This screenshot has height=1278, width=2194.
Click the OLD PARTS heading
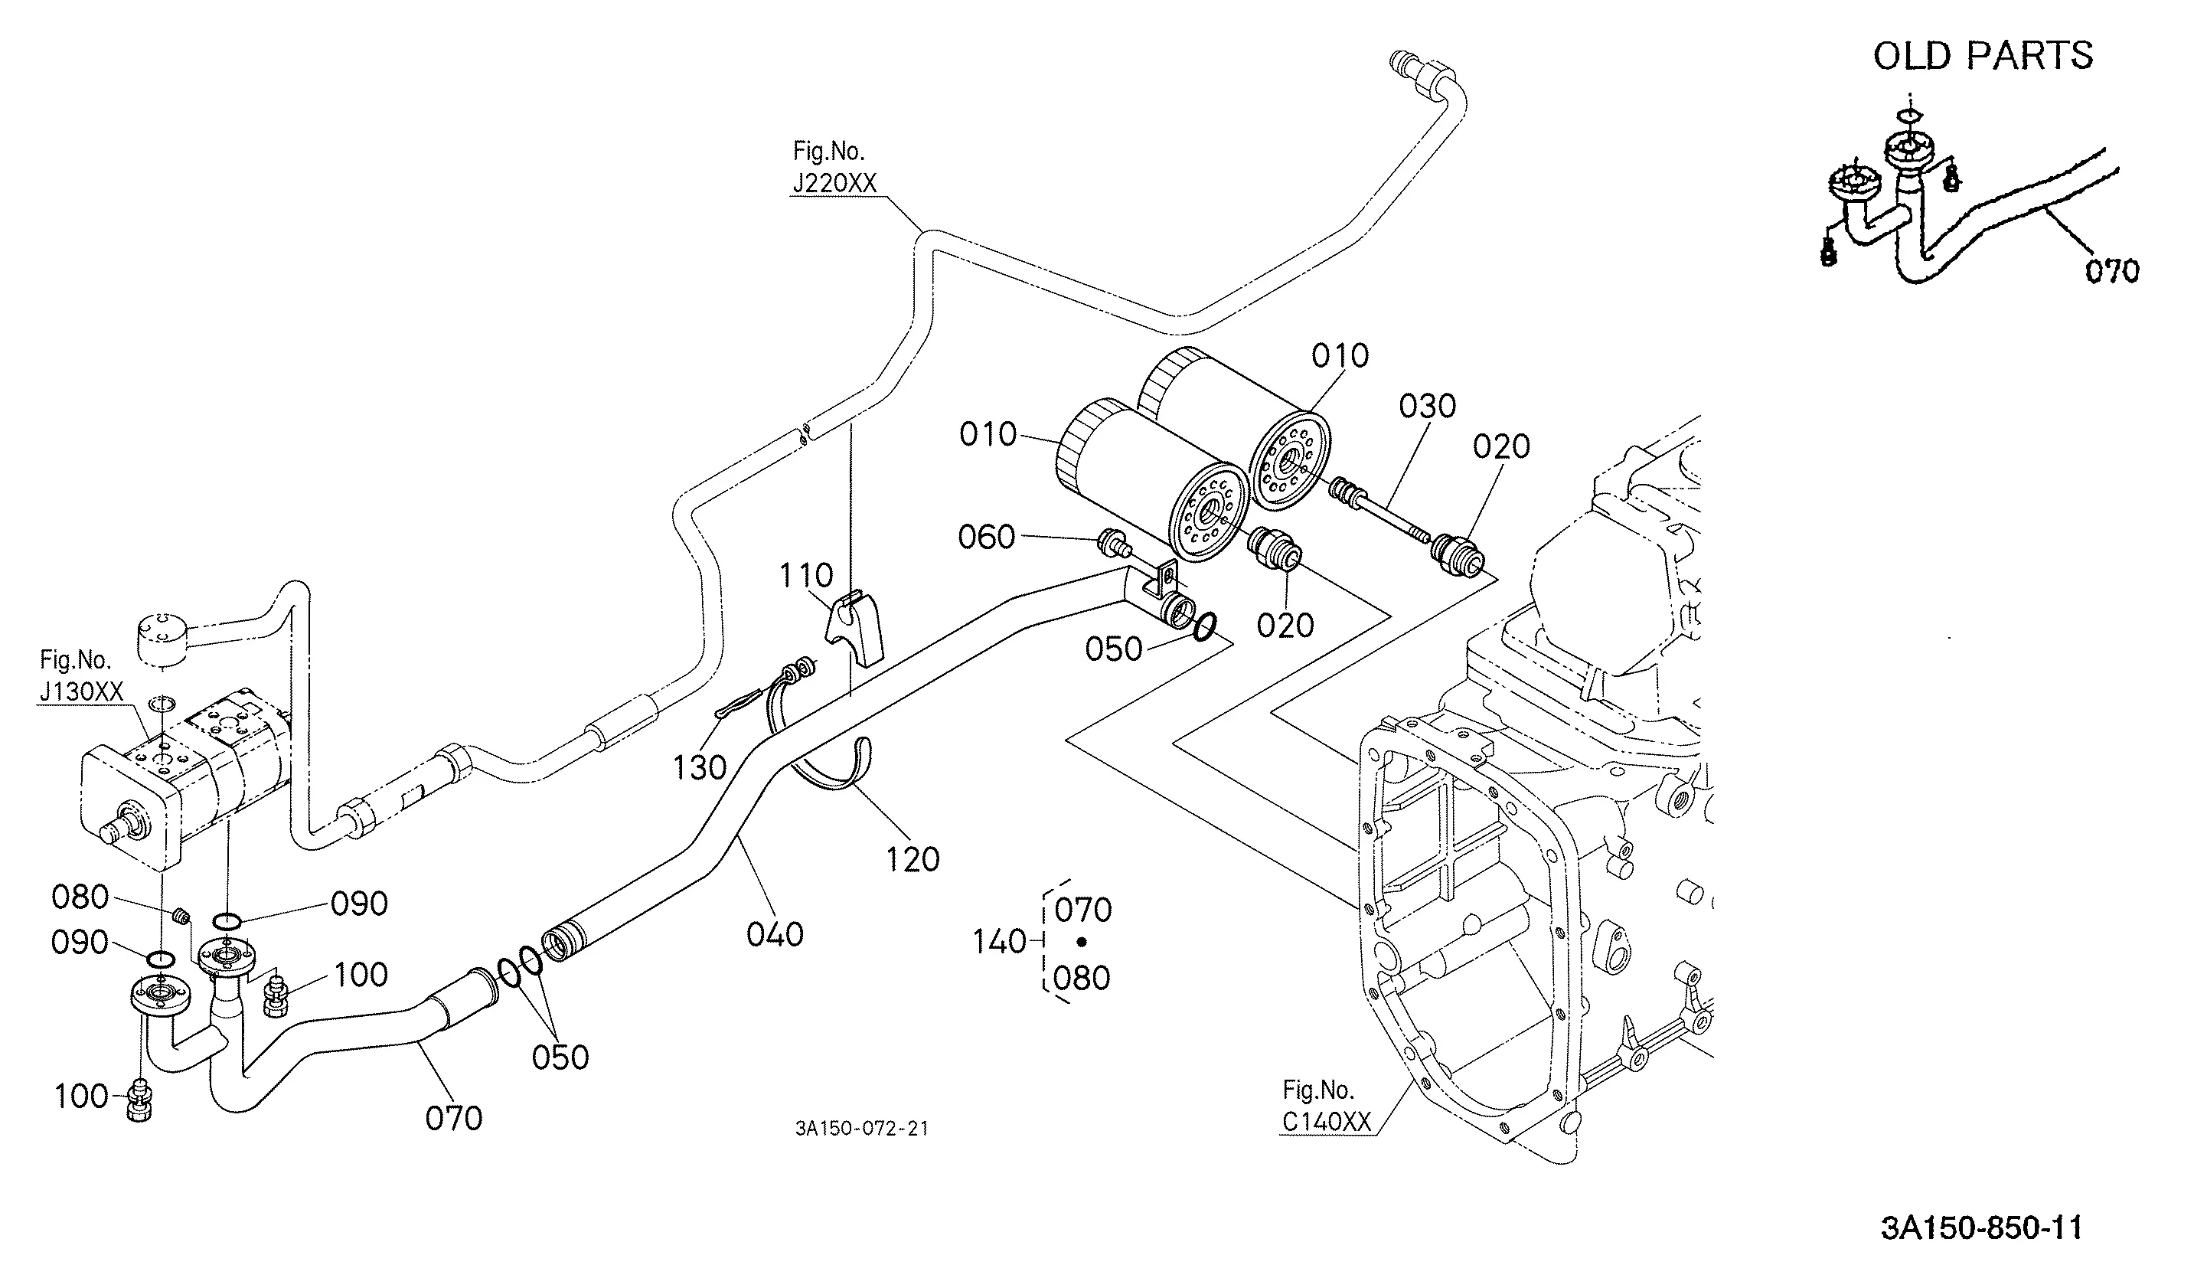click(1983, 56)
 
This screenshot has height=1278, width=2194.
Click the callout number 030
click(1428, 406)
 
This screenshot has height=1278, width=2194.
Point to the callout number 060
click(987, 536)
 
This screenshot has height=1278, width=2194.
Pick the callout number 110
click(806, 576)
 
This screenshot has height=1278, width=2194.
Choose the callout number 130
click(699, 767)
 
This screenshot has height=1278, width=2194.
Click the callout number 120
click(913, 859)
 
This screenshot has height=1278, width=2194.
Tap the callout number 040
click(775, 934)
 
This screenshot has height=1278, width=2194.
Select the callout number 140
click(1000, 941)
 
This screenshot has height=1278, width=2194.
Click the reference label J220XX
click(835, 184)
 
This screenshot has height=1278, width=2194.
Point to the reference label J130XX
click(82, 691)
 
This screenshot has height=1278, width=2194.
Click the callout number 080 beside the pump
click(80, 897)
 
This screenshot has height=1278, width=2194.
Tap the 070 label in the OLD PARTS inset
click(2112, 271)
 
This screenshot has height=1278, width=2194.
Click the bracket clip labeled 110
click(854, 627)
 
